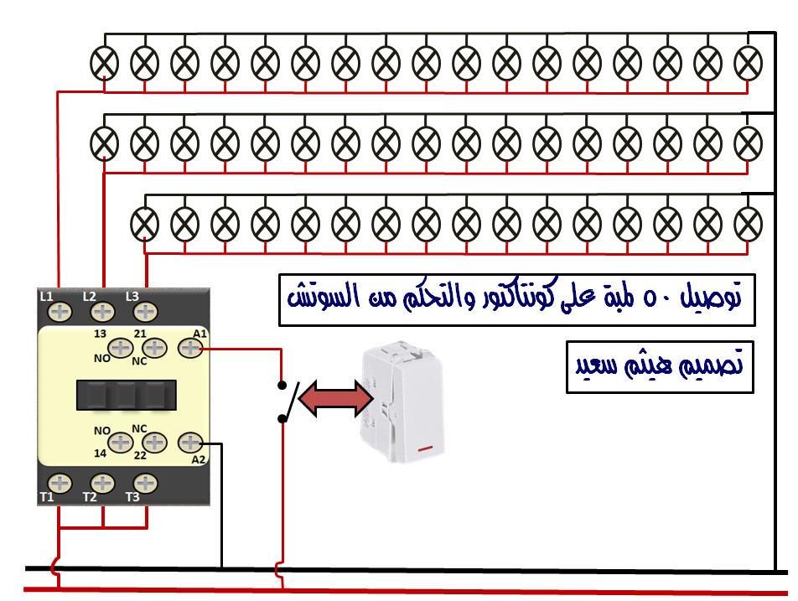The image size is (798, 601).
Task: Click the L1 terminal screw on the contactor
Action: pyautogui.click(x=60, y=312)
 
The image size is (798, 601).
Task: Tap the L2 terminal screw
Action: pyautogui.click(x=102, y=312)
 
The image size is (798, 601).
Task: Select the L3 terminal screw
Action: pyautogui.click(x=145, y=312)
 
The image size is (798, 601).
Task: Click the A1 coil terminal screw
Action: pyautogui.click(x=190, y=348)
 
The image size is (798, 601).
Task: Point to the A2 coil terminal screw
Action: pyautogui.click(x=190, y=443)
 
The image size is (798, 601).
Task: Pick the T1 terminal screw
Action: pyautogui.click(x=60, y=484)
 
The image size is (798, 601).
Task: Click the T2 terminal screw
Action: pyautogui.click(x=102, y=484)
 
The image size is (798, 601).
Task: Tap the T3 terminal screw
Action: pyautogui.click(x=145, y=484)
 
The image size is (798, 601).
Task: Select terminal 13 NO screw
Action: pyautogui.click(x=121, y=348)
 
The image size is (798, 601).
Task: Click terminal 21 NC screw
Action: pyautogui.click(x=155, y=348)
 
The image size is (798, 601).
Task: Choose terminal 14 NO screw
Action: pyautogui.click(x=121, y=443)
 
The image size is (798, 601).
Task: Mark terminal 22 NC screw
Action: pyautogui.click(x=155, y=443)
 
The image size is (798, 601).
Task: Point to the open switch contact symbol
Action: pyautogui.click(x=288, y=402)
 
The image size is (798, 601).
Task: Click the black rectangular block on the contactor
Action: pyautogui.click(x=127, y=395)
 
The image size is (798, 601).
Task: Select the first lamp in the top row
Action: pyautogui.click(x=104, y=64)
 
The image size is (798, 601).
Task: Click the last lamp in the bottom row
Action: pyautogui.click(x=748, y=224)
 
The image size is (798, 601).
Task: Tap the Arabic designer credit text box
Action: pyautogui.click(x=660, y=367)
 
